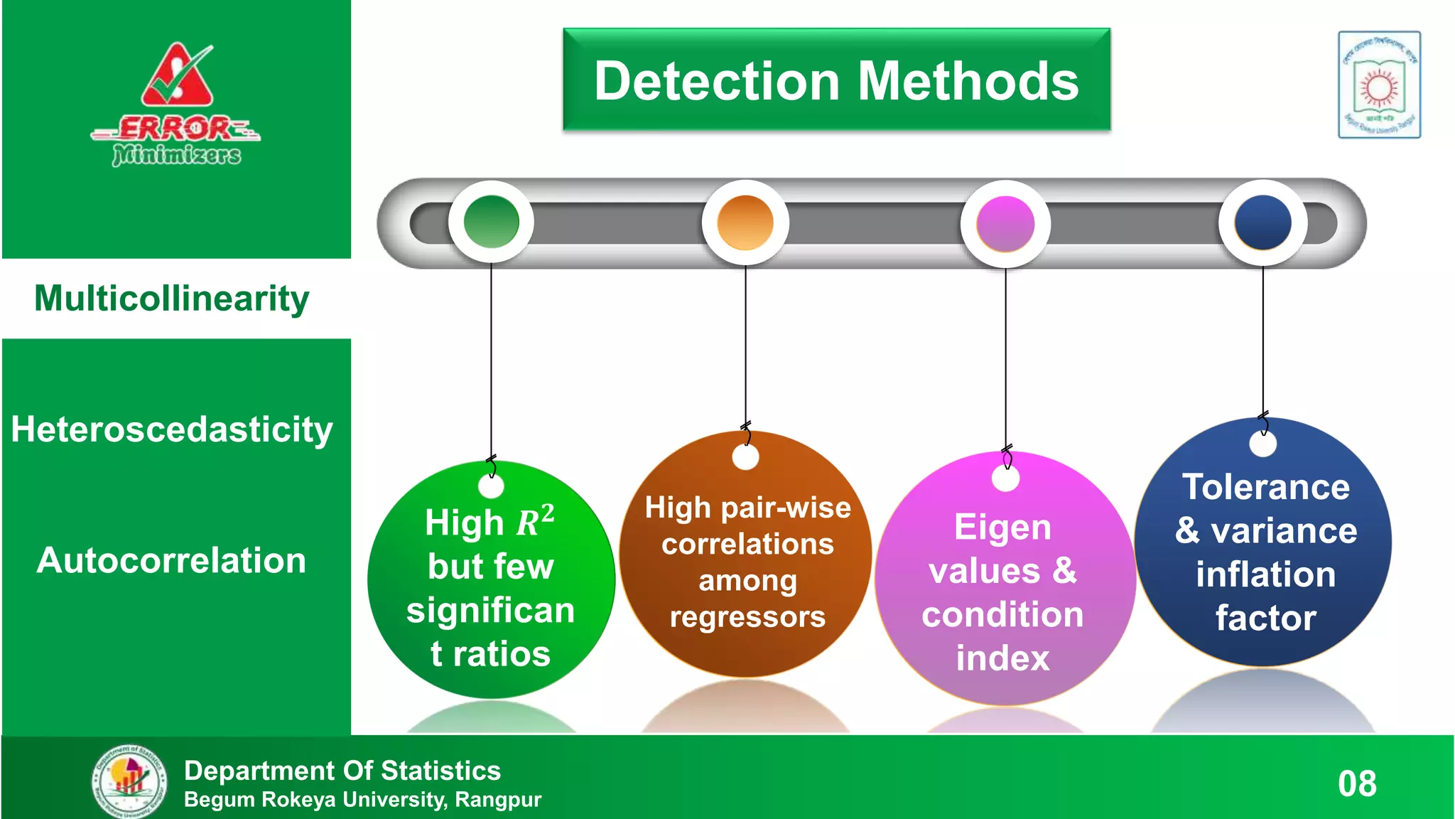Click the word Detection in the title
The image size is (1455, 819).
[x=717, y=81]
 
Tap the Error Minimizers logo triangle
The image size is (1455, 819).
[x=177, y=77]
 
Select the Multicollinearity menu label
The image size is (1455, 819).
[x=172, y=299]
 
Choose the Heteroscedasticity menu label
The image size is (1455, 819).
[x=172, y=429]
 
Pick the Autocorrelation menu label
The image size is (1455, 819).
[x=172, y=560]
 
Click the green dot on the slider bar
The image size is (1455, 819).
[x=491, y=222]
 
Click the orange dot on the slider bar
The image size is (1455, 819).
[x=745, y=223]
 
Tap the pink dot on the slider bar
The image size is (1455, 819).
[x=1005, y=224]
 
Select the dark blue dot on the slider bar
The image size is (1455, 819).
[x=1263, y=223]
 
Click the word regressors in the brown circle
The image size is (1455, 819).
[x=747, y=617]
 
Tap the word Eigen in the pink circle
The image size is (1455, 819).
[x=1002, y=528]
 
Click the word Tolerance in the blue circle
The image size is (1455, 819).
[x=1266, y=488]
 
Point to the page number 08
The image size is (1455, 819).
[x=1357, y=783]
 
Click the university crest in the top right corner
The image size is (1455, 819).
[x=1379, y=85]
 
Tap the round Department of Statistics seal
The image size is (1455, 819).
[x=130, y=781]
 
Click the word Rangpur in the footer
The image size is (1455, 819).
[x=498, y=800]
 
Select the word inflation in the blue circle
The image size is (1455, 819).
[x=1266, y=574]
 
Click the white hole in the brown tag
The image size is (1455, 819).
[x=745, y=457]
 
